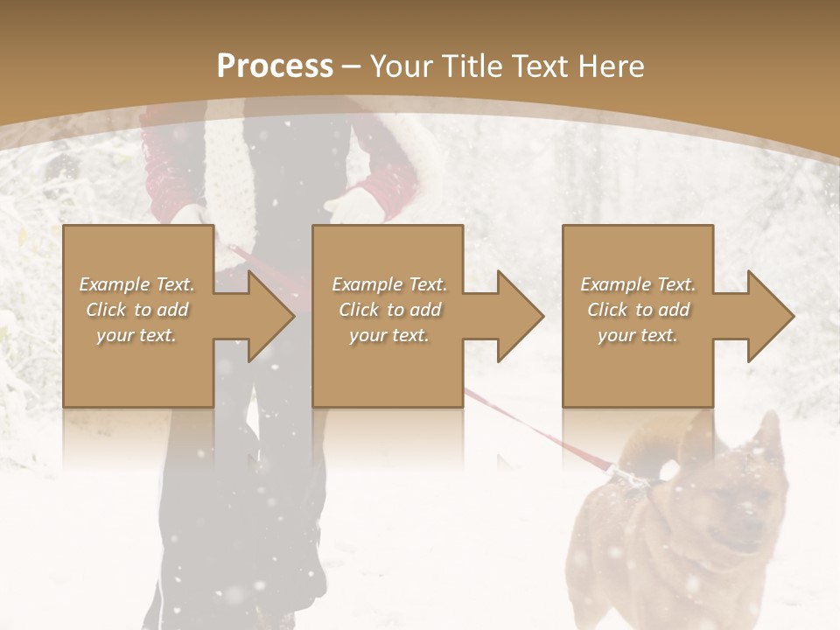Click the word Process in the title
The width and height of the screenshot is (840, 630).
coord(275,66)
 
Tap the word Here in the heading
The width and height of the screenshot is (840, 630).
coord(612,66)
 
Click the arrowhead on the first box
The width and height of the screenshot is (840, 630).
coord(268,316)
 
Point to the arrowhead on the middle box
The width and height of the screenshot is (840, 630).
coord(517,316)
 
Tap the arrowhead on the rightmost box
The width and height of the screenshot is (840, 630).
coord(767,316)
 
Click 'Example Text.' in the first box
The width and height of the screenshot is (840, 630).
coord(136,284)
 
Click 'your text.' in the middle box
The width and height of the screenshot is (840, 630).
coord(388,335)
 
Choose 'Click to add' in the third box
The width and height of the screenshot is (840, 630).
coord(638,310)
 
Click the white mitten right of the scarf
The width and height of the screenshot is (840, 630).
coord(350,207)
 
